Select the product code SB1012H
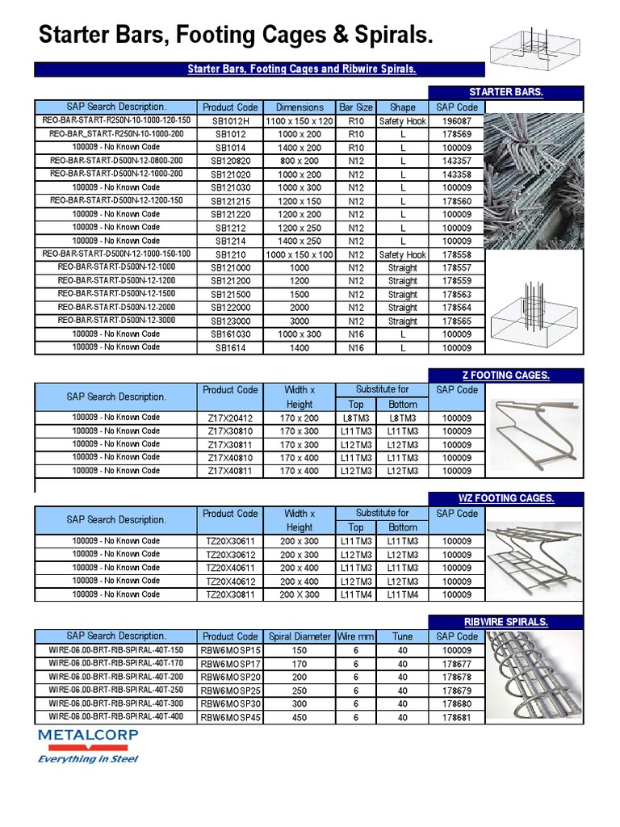[230, 120]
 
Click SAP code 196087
[456, 120]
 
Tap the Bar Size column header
[356, 107]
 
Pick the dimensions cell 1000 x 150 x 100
[299, 254]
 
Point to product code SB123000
[230, 321]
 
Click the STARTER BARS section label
[505, 92]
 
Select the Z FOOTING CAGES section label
[505, 375]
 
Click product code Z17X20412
[230, 418]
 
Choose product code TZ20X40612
[230, 581]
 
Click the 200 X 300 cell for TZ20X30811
[299, 594]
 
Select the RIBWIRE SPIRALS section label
[505, 622]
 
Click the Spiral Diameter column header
[299, 636]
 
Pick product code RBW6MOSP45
[230, 716]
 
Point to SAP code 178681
[456, 716]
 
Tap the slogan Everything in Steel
[89, 758]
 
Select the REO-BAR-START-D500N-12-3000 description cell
[116, 321]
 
